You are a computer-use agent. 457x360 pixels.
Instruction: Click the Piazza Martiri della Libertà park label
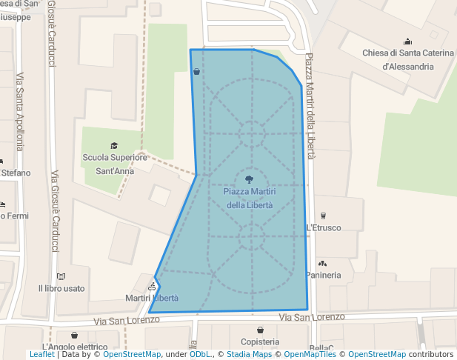coord(249,198)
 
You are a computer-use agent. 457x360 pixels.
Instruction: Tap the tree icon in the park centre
coord(249,179)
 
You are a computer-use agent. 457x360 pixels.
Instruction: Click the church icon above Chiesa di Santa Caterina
coord(407,41)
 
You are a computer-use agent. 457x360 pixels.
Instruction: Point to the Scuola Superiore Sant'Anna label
coord(115,163)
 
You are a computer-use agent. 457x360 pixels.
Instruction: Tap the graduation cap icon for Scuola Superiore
coord(114,145)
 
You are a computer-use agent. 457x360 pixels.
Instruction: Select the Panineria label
coord(324,275)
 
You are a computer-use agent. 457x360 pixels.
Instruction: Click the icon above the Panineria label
coord(322,263)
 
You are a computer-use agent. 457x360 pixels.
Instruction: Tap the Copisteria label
coord(260,341)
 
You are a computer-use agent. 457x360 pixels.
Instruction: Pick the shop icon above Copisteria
coord(260,330)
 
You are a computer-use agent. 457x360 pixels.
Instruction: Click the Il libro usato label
coord(61,288)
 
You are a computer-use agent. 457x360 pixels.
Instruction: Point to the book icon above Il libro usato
coord(61,276)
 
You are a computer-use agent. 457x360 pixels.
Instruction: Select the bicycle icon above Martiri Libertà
coord(152,286)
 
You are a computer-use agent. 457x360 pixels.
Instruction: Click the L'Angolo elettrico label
coord(75,347)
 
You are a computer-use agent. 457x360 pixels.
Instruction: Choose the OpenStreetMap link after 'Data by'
coord(132,355)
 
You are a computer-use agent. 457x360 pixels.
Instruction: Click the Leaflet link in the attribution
coord(41,355)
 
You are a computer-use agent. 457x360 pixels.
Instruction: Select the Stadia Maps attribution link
coord(249,355)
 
